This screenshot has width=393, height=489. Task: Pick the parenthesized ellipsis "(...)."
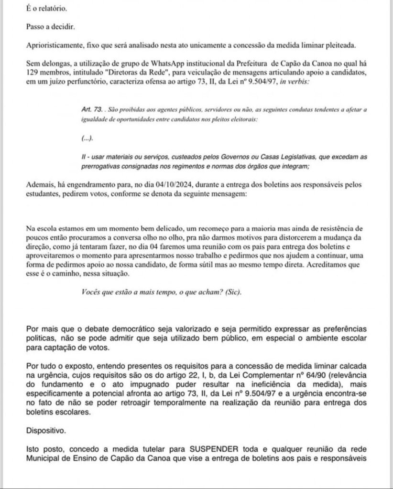87,138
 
